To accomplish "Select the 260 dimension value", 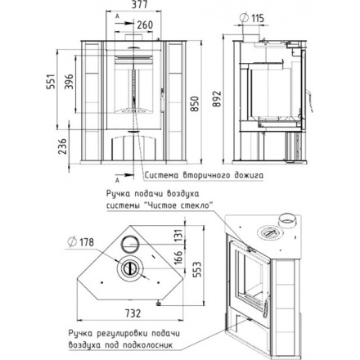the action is pos(145,25).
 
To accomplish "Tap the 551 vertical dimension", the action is pos(52,81).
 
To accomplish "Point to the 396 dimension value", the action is pos(69,81).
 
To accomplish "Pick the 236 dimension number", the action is pos(63,146).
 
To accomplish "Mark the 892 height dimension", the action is pos(218,99).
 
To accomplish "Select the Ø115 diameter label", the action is pos(252,18).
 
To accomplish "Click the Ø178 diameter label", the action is pos(81,241).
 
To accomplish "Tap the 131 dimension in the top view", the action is pos(178,236).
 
